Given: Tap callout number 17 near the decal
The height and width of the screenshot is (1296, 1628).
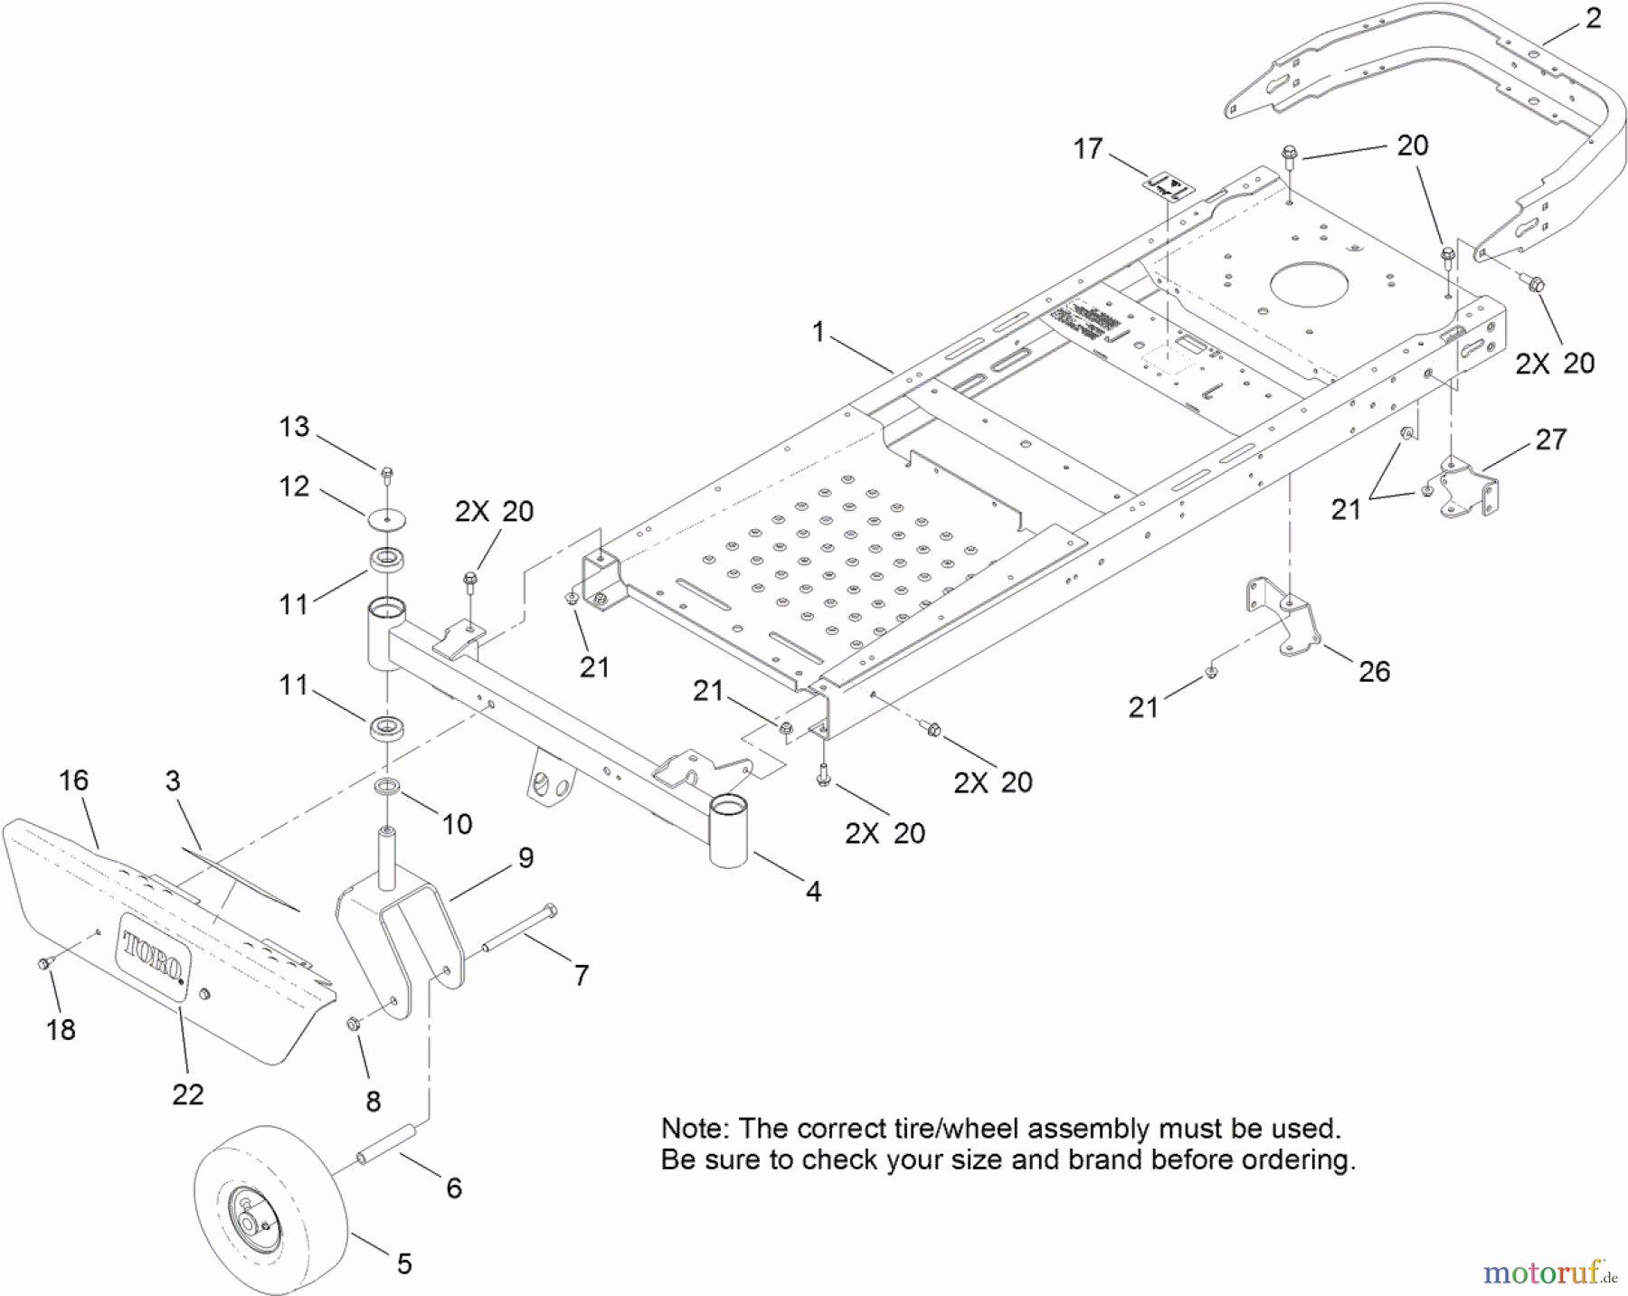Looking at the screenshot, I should coord(1088,148).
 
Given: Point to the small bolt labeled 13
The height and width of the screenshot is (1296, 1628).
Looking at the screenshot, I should coord(387,472).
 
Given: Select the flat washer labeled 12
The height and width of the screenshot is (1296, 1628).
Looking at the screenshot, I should coord(387,521).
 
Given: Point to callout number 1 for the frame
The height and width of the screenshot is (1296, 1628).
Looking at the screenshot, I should coord(818,332).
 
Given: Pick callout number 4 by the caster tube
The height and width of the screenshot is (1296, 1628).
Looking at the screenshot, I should coord(813,891).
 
